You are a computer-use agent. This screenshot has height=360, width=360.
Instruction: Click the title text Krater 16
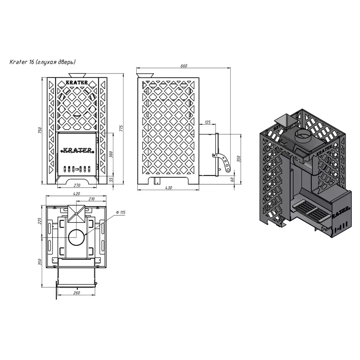[22, 62]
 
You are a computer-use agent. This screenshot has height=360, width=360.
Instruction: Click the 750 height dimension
[40, 130]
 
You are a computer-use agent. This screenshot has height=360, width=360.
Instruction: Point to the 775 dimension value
[121, 129]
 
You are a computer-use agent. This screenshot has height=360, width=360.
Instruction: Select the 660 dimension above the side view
[184, 66]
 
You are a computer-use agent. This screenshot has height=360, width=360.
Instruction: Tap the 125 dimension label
[207, 122]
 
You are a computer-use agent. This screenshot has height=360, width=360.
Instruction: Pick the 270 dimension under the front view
[77, 185]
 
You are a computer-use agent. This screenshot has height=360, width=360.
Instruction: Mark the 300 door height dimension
[111, 154]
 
